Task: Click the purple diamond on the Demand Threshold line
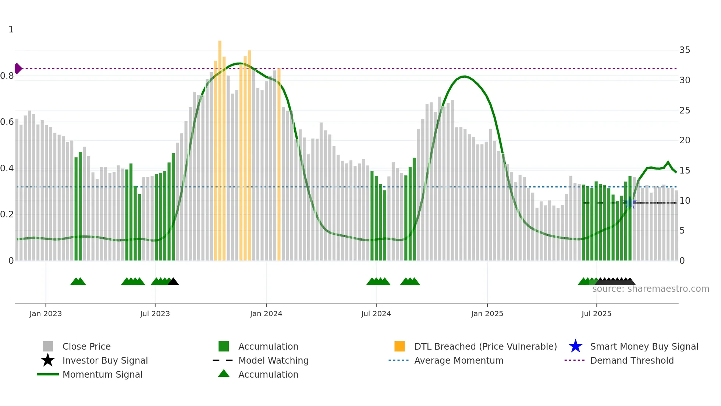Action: [18, 69]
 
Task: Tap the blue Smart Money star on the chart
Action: [630, 203]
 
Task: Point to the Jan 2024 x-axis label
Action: [266, 314]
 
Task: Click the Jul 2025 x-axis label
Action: [596, 314]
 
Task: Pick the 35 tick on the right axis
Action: [685, 50]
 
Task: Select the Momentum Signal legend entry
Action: [102, 374]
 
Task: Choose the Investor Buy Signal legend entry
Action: [105, 360]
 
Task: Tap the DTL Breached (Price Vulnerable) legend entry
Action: [485, 346]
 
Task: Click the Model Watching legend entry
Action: [273, 360]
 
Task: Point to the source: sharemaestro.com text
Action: [650, 289]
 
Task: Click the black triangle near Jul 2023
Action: [173, 282]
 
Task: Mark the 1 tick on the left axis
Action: [11, 29]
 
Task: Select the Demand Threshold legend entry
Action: [632, 360]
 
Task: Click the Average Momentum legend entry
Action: [459, 360]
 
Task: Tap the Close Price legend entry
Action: [86, 346]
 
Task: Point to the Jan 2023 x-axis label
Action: [46, 314]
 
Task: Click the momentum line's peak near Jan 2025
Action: [465, 77]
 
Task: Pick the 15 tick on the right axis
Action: [685, 171]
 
